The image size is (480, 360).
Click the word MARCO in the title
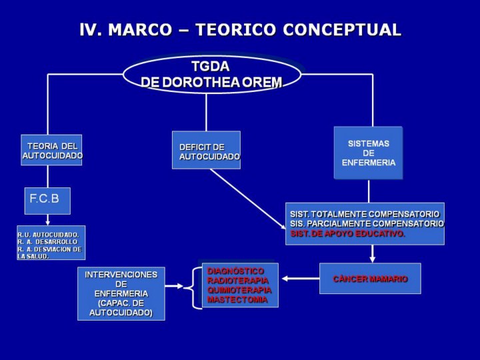click(x=140, y=30)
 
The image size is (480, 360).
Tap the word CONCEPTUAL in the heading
click(x=342, y=30)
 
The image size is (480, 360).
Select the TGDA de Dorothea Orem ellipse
click(x=212, y=75)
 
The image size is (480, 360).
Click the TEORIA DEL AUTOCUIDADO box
click(x=51, y=150)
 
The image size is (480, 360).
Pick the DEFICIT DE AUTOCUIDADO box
click(x=206, y=150)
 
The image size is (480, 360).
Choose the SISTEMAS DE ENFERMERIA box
click(x=368, y=153)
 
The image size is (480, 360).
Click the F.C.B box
click(x=47, y=201)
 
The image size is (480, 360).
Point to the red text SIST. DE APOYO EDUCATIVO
click(x=347, y=234)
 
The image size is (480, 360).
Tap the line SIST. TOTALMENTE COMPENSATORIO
click(x=365, y=214)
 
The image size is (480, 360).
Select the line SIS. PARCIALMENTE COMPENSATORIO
click(x=367, y=224)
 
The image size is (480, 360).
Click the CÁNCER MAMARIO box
click(x=370, y=279)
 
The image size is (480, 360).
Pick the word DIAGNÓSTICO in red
click(x=235, y=271)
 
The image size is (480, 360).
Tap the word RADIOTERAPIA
click(x=238, y=281)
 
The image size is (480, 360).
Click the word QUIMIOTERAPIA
click(x=239, y=290)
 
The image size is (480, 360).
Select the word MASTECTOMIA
click(x=237, y=299)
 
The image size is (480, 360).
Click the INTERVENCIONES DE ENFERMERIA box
click(x=121, y=293)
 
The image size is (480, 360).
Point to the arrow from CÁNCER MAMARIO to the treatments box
click(x=301, y=279)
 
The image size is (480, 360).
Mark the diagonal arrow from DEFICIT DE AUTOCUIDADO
click(x=248, y=199)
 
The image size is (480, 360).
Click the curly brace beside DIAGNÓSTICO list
click(x=193, y=288)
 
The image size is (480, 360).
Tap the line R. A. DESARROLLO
click(x=47, y=242)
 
